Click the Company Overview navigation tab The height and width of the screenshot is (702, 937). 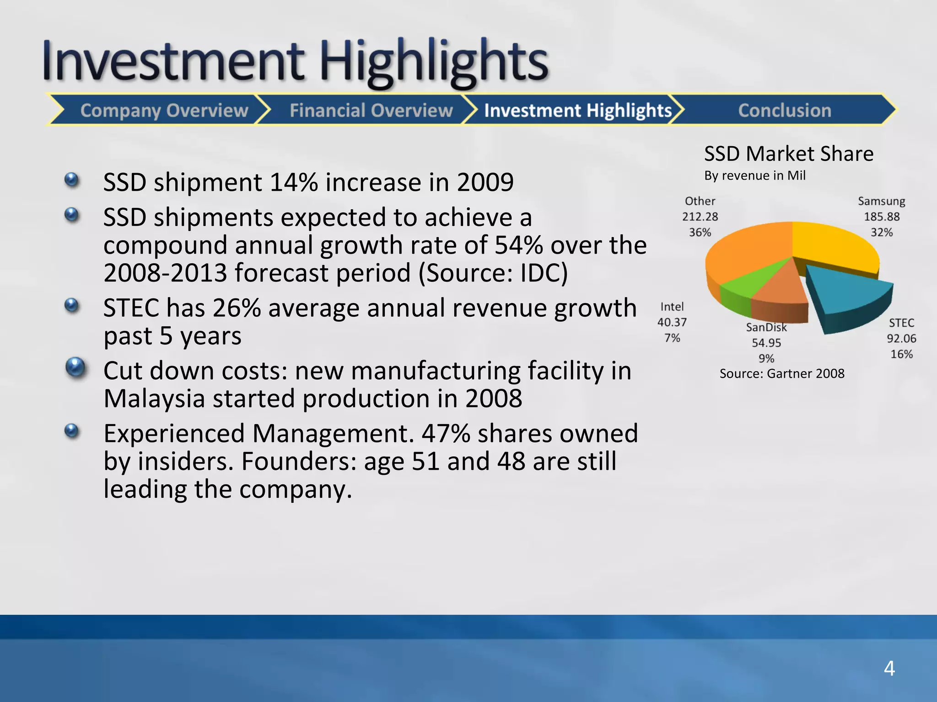(164, 110)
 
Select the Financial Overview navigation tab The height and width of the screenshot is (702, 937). (371, 110)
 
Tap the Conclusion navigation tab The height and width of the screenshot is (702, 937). (784, 110)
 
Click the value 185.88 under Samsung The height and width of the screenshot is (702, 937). (881, 217)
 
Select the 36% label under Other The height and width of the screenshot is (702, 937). (700, 232)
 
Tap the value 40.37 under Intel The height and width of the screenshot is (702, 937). (672, 322)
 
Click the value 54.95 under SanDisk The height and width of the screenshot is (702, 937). (766, 343)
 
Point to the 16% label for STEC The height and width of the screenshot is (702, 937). (901, 354)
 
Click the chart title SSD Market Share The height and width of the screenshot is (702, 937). (788, 154)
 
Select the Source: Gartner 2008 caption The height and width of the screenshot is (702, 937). (781, 373)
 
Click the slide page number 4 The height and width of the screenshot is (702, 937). (889, 668)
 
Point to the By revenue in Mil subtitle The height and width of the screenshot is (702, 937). (754, 175)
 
